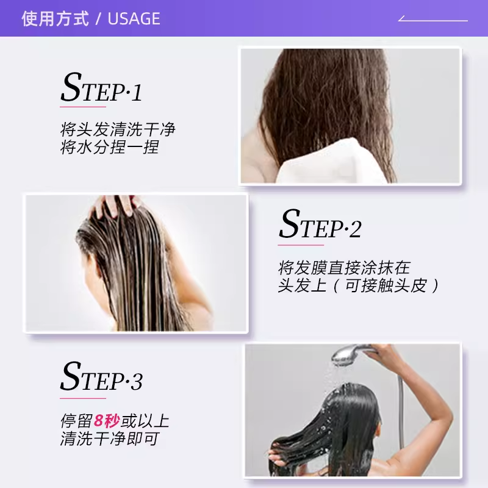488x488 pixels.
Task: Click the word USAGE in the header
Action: (x=134, y=19)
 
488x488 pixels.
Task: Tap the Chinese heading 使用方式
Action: (x=55, y=19)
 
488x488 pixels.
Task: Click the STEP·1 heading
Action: (x=101, y=89)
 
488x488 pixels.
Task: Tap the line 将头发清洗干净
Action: (x=117, y=130)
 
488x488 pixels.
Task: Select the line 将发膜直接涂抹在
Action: (x=344, y=267)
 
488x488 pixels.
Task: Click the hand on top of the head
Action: (x=116, y=205)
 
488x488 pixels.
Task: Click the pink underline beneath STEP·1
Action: (x=83, y=107)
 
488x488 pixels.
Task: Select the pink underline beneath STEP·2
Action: (x=300, y=245)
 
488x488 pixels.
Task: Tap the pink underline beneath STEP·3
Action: (x=83, y=398)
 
